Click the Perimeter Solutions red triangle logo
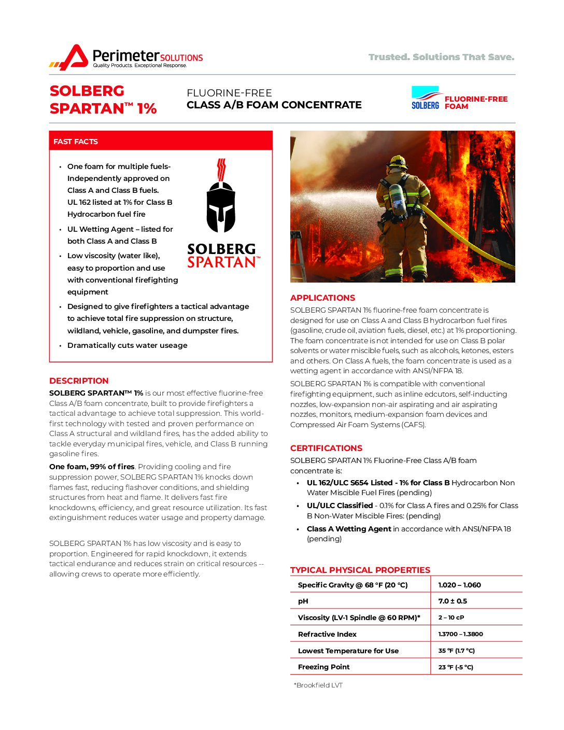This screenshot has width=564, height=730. pos(74,57)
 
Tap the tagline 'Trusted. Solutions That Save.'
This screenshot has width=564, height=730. pos(441,57)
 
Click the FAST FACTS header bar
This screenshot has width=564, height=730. pos(161,141)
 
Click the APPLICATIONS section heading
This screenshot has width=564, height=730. pos(322,298)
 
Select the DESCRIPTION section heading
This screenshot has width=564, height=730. pos(79,381)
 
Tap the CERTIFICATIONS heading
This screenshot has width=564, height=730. pos(326,448)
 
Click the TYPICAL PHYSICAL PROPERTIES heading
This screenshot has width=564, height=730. pos(360,570)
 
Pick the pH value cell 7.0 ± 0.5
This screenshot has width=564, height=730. pos(453,601)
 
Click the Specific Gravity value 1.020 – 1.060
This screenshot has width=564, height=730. pos(459,585)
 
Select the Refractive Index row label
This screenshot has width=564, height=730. pos(327,634)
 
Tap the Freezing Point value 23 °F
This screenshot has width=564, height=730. pos(456,667)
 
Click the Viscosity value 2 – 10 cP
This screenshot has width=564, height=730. pos(451,617)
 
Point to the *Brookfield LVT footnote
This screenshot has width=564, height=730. pos(318,685)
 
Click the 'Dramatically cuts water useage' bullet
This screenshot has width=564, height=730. pos(127,345)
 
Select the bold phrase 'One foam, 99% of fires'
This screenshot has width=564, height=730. pos(92,467)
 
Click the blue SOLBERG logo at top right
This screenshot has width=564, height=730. pos(425,98)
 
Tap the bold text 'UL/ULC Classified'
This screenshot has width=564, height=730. pos(340,506)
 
